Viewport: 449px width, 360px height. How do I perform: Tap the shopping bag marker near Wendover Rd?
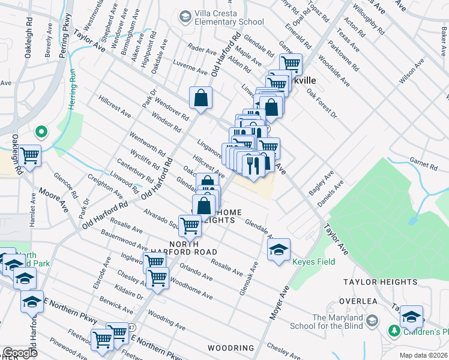click(200, 97)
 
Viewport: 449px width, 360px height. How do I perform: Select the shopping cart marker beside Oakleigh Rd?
click(29, 156)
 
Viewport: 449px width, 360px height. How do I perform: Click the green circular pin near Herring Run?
click(41, 131)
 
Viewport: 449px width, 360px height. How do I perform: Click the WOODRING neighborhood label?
click(231, 348)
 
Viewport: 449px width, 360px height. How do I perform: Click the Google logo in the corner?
click(20, 353)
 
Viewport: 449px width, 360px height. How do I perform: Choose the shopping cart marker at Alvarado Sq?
click(190, 226)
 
